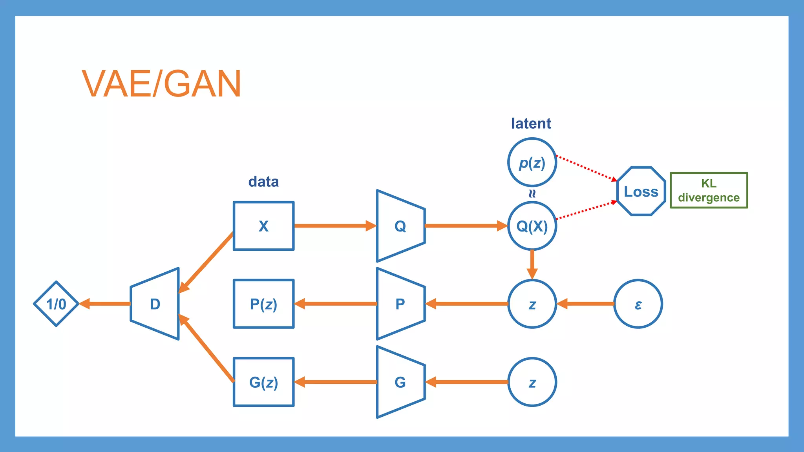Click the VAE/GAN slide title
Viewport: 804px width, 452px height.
click(161, 84)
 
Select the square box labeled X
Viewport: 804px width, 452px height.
click(263, 226)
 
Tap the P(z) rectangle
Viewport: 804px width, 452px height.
click(263, 304)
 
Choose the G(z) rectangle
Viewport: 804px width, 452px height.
click(263, 382)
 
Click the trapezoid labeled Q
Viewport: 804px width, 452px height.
click(400, 226)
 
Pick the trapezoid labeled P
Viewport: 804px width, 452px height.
click(400, 304)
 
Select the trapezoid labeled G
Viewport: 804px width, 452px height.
click(400, 382)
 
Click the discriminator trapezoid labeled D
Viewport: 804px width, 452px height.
click(155, 304)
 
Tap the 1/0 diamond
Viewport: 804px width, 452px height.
click(56, 304)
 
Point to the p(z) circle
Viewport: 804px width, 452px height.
click(532, 162)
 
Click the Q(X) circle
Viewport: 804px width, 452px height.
click(532, 226)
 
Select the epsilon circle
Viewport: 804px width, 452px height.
click(638, 304)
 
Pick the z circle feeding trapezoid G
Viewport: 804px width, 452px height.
click(532, 382)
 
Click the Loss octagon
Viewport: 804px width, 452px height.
click(641, 191)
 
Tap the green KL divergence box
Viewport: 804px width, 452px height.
click(709, 190)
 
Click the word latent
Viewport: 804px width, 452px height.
click(531, 124)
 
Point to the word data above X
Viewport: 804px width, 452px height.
click(263, 182)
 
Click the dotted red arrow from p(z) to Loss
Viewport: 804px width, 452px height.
click(587, 168)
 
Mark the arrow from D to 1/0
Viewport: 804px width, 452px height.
click(105, 304)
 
